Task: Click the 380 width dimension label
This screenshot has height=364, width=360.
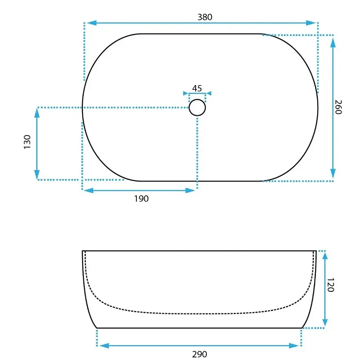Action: click(205, 17)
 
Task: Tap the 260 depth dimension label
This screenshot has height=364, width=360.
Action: click(338, 107)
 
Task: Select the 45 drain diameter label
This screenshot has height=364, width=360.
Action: click(197, 88)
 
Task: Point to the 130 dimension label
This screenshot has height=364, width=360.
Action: click(27, 142)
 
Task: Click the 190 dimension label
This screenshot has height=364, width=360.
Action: click(141, 198)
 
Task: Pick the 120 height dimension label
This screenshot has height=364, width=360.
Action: click(331, 284)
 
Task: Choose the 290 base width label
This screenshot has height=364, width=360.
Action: click(199, 354)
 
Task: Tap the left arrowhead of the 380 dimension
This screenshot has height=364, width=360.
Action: click(92, 23)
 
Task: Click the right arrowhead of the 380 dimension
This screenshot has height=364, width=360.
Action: click(311, 23)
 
